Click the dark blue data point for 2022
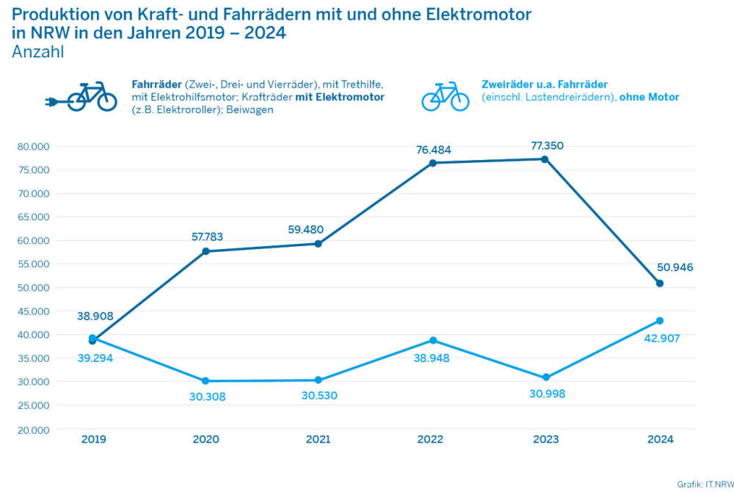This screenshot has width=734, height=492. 433,163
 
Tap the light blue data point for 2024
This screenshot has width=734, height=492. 660,321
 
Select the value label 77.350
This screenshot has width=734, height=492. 547,146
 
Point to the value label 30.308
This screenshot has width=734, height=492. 206,397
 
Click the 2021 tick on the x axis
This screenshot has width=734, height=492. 318,439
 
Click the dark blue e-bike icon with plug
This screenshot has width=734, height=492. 82,97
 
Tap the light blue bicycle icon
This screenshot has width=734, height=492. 445,96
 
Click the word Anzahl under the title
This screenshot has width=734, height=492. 38,51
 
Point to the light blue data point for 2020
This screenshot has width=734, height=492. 206,381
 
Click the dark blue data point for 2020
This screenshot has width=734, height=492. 206,251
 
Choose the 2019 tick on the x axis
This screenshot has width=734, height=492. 93,439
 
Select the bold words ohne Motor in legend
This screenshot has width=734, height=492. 650,97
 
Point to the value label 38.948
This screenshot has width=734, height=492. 432,358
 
